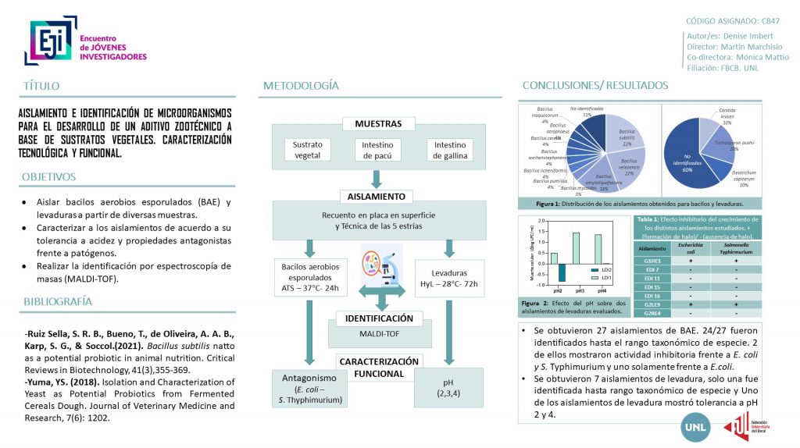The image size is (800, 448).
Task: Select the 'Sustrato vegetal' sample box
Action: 307,150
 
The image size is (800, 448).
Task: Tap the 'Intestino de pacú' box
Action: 377,150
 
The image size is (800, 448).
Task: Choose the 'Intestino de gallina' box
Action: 450,150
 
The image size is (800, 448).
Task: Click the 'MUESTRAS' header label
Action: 378,123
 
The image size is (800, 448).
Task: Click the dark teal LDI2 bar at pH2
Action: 562,272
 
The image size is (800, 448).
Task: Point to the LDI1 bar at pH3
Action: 577,248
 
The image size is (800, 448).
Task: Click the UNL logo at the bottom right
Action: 696,428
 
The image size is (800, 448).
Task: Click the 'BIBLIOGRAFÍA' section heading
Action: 59,301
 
